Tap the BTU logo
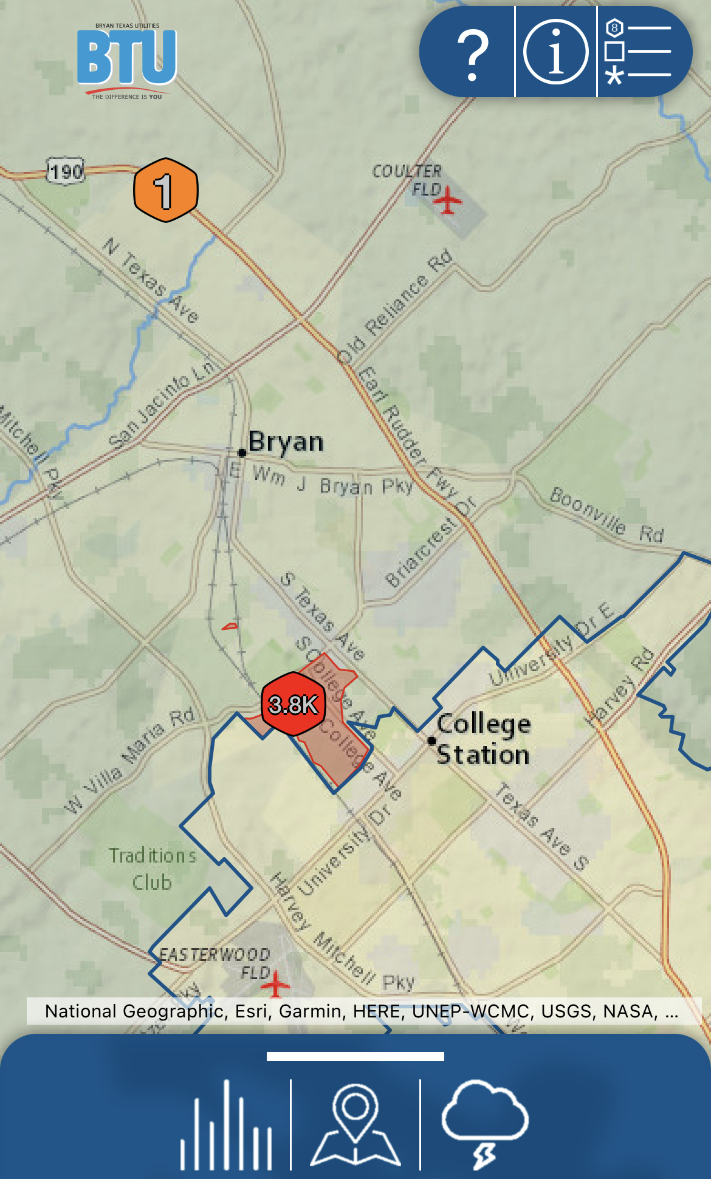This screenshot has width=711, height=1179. click(x=127, y=60)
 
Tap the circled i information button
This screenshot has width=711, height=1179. click(x=555, y=52)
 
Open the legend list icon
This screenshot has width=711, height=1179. click(x=638, y=52)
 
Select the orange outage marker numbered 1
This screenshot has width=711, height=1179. click(x=165, y=190)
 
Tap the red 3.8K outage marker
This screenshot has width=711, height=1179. click(x=293, y=705)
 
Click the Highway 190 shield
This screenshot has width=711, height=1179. click(x=66, y=171)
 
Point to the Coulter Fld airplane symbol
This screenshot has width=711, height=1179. click(x=448, y=200)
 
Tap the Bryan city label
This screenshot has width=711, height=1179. click(x=286, y=442)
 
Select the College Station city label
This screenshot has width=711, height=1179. click(x=483, y=739)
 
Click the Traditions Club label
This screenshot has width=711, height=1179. click(x=153, y=869)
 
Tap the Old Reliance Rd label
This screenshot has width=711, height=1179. click(x=395, y=307)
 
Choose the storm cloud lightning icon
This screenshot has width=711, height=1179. click(x=484, y=1124)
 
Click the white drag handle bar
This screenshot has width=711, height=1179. click(x=355, y=1057)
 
